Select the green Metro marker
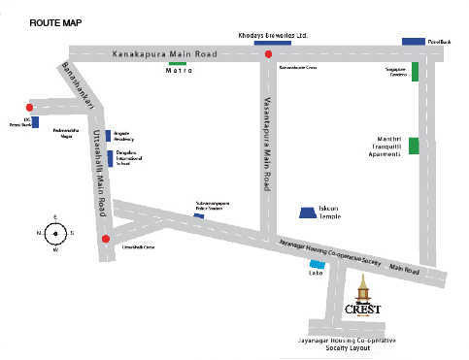pos(179,63)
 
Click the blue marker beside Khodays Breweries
pos(272,43)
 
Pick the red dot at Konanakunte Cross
pos(268,54)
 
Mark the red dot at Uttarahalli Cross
pos(105,238)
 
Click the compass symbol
pos(55,233)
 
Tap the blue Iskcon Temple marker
pos(308,212)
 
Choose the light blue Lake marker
pos(317,264)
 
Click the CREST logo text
pos(363,309)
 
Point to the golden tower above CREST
pos(363,288)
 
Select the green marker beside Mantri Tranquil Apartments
pos(414,147)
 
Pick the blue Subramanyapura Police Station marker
pos(199,215)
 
